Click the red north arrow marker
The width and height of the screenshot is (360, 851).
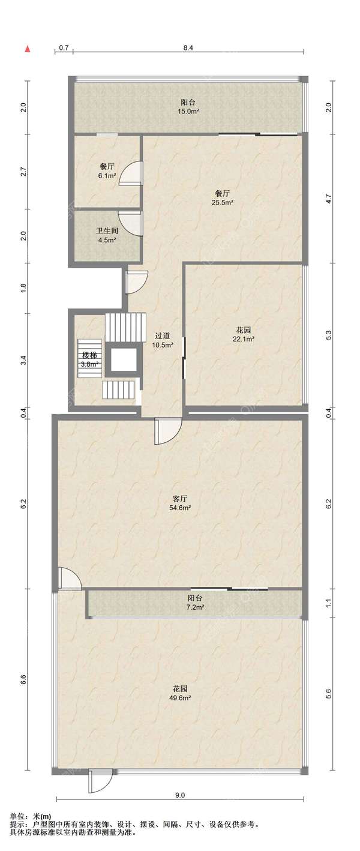pyautogui.click(x=28, y=49)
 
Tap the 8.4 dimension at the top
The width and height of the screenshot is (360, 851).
pyautogui.click(x=188, y=48)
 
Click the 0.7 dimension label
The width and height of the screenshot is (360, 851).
pyautogui.click(x=64, y=48)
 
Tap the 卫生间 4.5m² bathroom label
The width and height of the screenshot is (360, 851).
pyautogui.click(x=107, y=235)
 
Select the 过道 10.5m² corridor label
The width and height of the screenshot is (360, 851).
pyautogui.click(x=163, y=340)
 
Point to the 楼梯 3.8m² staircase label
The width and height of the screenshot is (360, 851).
pyautogui.click(x=90, y=359)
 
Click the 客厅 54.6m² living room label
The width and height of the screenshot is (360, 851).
pyautogui.click(x=179, y=503)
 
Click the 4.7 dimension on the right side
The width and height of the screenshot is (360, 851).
pyautogui.click(x=329, y=198)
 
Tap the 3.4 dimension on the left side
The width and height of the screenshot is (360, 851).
pyautogui.click(x=23, y=360)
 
